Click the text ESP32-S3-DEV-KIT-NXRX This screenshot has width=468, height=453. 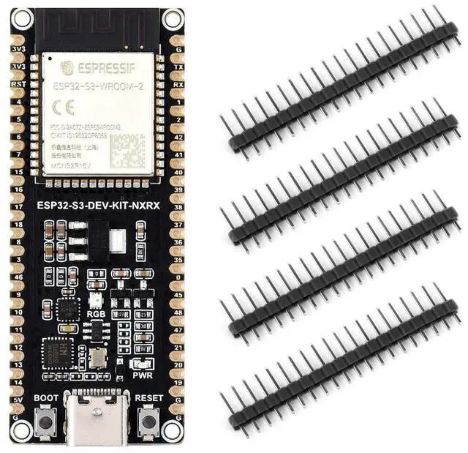coord(99,206)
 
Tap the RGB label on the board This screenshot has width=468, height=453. coord(96,312)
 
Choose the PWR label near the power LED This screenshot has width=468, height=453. coord(141,375)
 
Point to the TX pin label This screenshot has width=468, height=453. coord(178,66)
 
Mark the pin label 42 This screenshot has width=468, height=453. coord(178,136)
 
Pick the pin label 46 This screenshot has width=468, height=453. coord(18,277)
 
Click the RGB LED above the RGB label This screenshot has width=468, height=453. coord(95,299)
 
